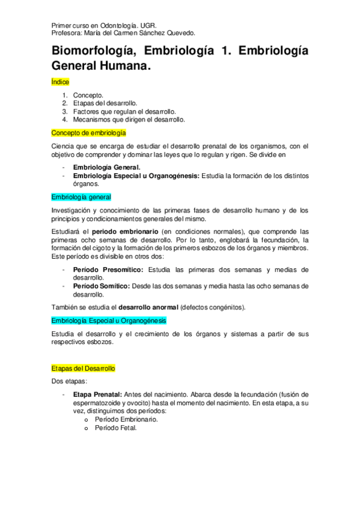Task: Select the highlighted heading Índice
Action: (60, 81)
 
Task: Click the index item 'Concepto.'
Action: (88, 95)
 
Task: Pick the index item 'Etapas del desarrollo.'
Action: (105, 103)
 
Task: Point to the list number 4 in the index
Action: (64, 120)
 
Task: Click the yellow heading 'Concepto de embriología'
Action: (88, 132)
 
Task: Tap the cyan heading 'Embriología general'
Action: (81, 197)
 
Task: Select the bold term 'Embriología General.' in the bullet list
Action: (106, 167)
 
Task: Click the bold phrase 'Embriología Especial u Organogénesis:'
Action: (136, 176)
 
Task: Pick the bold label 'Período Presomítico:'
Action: (108, 269)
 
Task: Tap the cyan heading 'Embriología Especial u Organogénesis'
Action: (109, 321)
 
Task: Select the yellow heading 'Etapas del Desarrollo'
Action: (84, 368)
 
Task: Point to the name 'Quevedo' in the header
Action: (181, 34)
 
